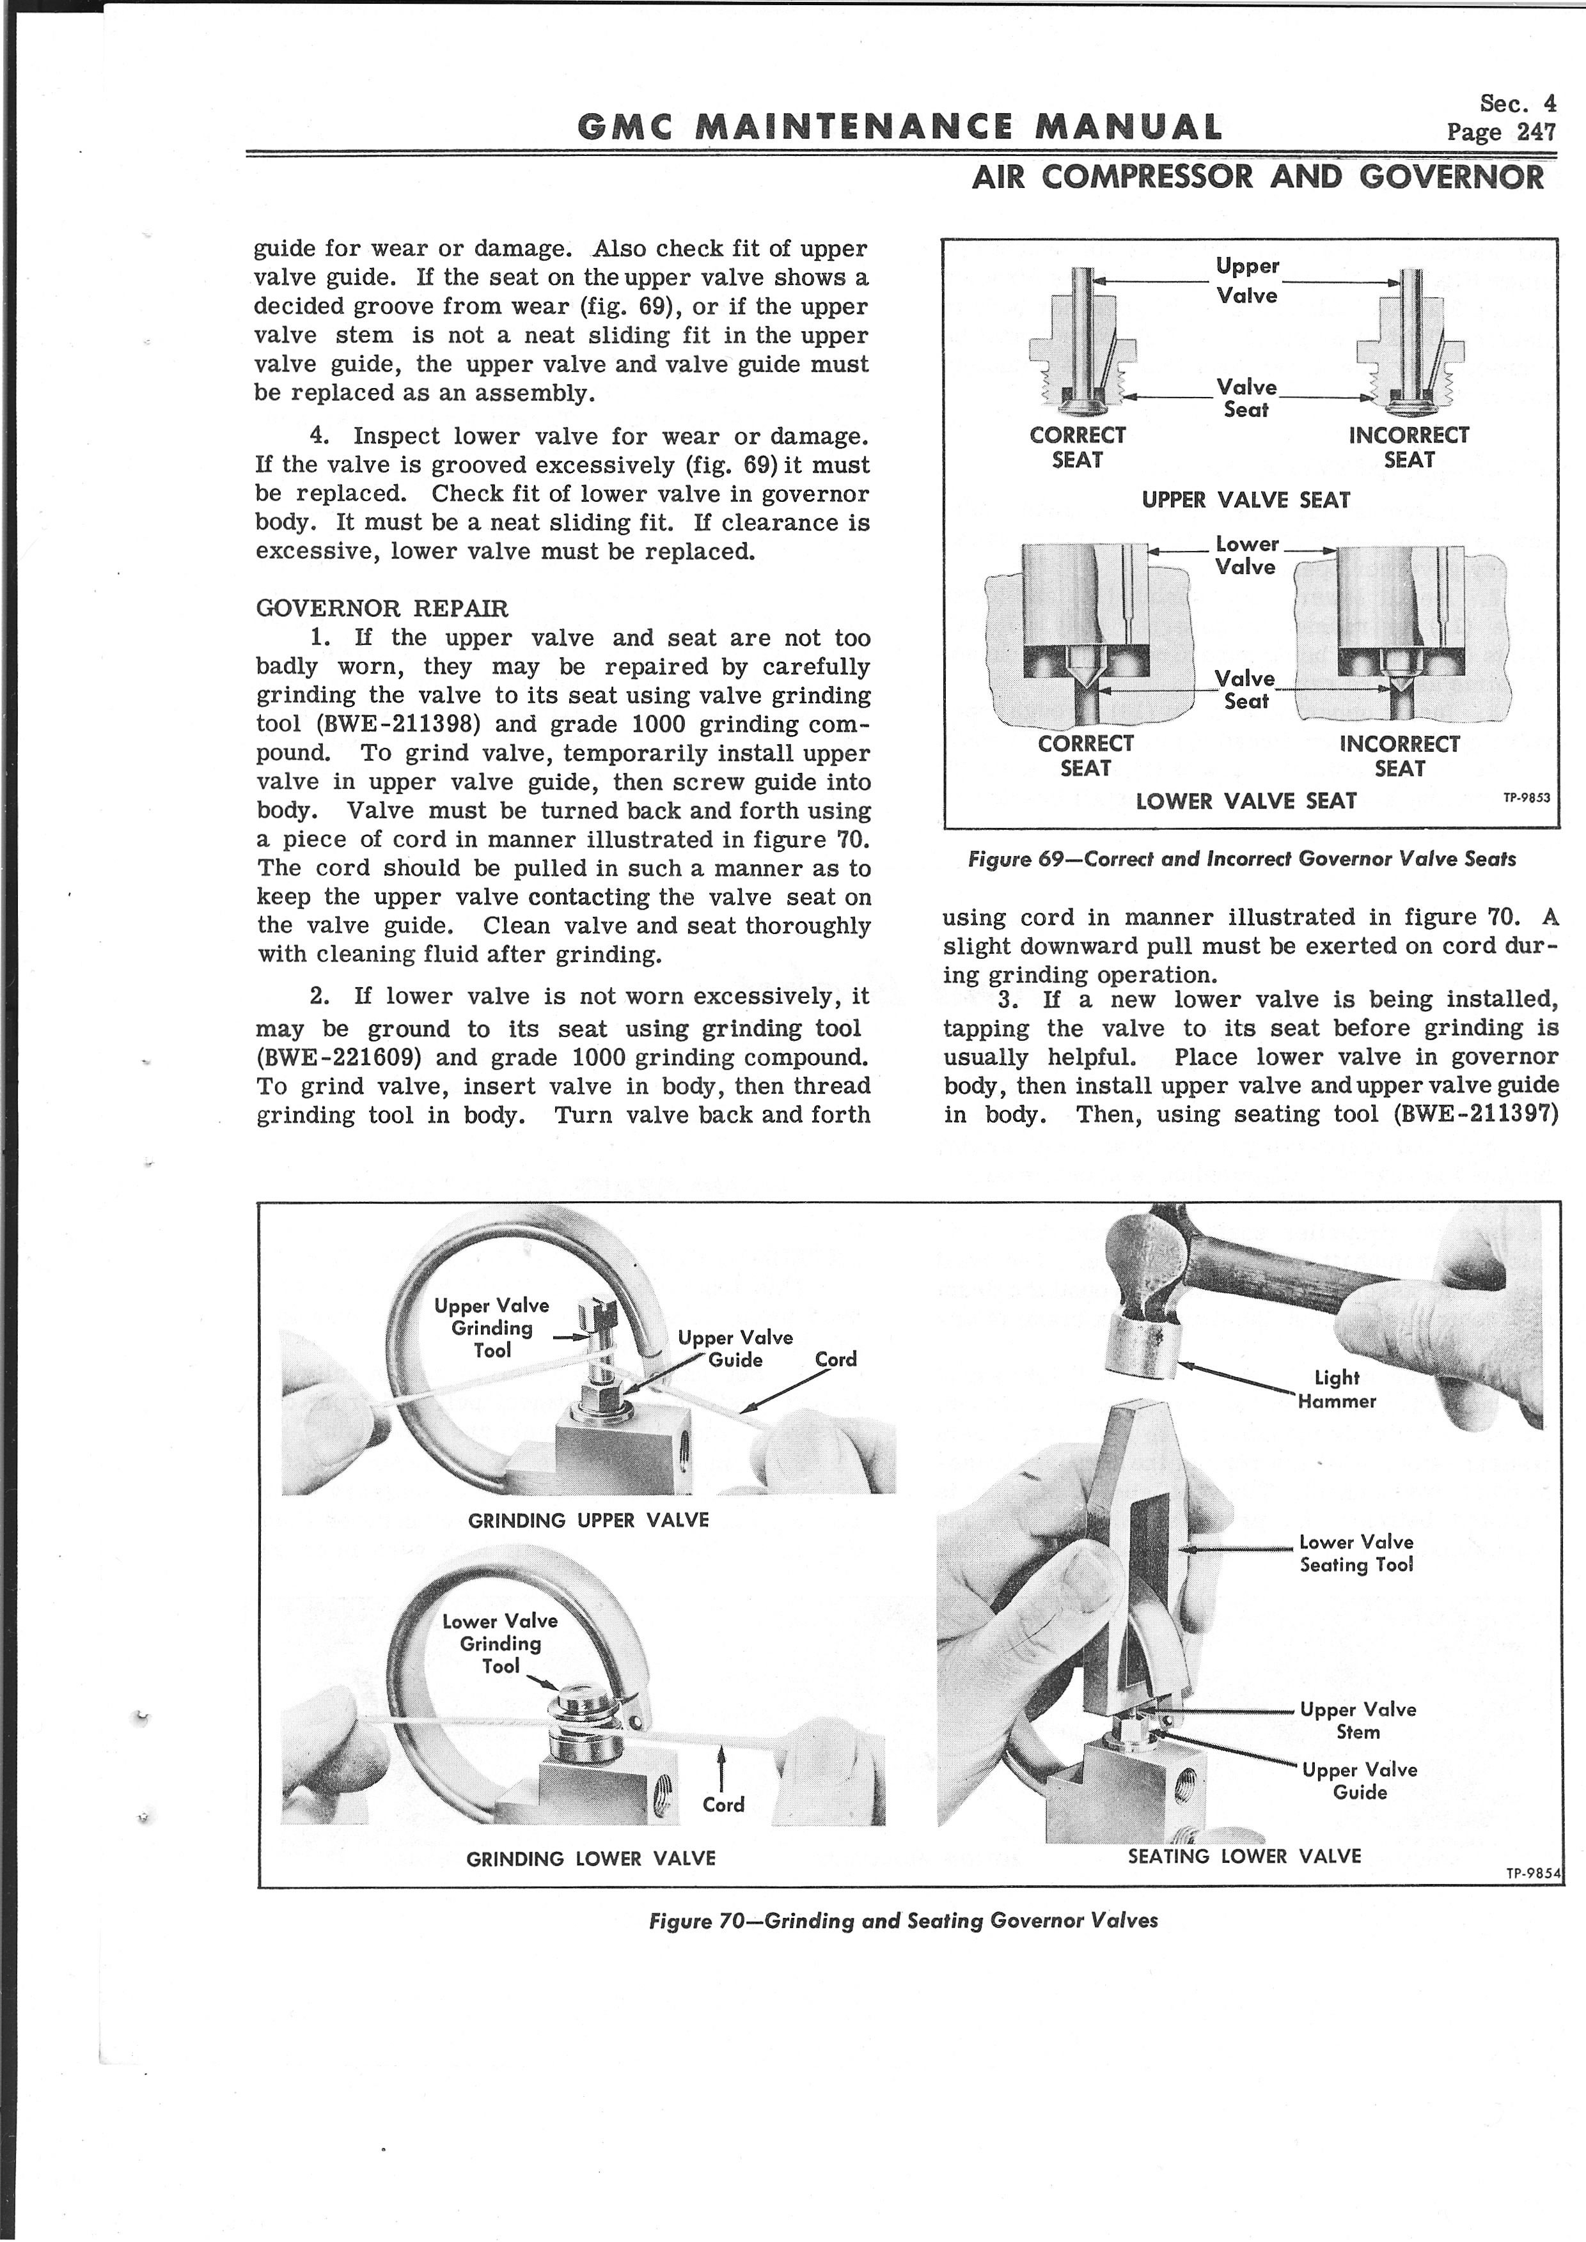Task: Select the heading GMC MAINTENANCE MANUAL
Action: tap(899, 128)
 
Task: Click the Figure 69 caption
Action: tap(1241, 859)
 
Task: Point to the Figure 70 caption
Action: tap(904, 1920)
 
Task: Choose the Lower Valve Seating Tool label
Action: tap(1356, 1553)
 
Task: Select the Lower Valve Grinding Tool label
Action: tap(500, 1642)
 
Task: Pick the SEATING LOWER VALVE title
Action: tap(1244, 1855)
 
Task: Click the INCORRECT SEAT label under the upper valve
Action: tap(1408, 448)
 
